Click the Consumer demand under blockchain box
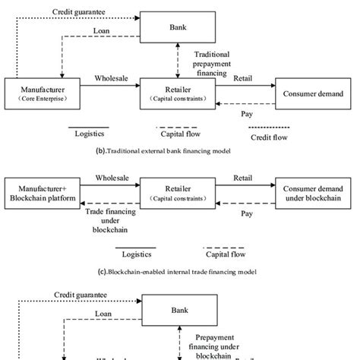point(311,191)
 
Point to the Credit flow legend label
point(270,137)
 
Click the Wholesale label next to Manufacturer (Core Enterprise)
point(111,77)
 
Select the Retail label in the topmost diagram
point(243,77)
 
